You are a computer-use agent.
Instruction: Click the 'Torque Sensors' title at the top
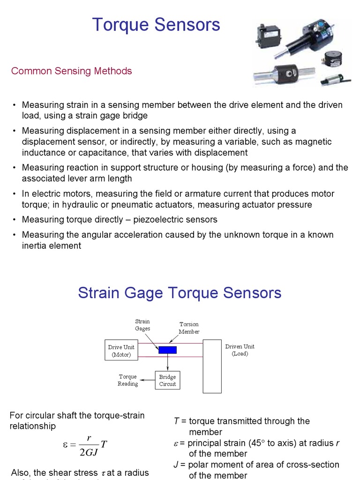click(156, 25)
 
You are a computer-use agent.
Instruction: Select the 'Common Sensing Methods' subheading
click(71, 71)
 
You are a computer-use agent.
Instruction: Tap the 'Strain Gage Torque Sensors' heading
click(180, 293)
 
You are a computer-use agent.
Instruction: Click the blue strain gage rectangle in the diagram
click(167, 350)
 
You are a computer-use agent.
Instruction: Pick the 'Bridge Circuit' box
click(167, 380)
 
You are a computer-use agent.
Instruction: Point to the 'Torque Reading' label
click(127, 380)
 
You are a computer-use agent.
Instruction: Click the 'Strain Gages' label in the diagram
click(142, 325)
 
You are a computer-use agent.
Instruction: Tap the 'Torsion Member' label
click(189, 328)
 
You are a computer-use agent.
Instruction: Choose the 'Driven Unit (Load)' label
click(240, 350)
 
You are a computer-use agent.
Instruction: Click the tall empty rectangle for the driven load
click(212, 366)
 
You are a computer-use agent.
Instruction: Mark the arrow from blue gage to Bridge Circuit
click(168, 362)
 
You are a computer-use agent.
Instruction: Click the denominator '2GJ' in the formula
click(89, 453)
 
